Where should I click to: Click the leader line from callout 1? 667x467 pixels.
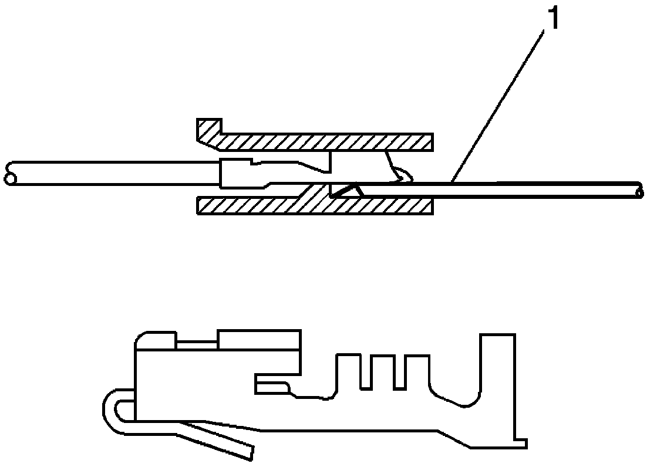tap(499, 99)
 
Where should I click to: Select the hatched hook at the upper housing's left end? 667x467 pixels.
tap(209, 130)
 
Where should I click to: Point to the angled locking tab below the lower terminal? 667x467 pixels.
tap(223, 437)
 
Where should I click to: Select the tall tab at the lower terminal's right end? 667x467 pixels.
tap(498, 381)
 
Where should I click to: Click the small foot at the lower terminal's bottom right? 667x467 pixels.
tap(520, 443)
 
